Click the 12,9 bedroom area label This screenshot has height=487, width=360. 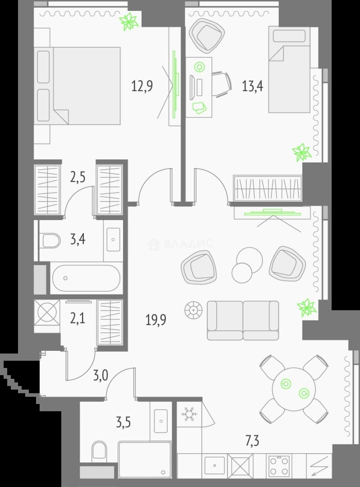pyautogui.click(x=142, y=86)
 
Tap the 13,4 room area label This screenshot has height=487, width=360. pyautogui.click(x=253, y=86)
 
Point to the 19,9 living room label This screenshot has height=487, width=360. pyautogui.click(x=156, y=320)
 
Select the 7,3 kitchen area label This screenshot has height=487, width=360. pyautogui.click(x=252, y=441)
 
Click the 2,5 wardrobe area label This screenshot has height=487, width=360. pyautogui.click(x=78, y=177)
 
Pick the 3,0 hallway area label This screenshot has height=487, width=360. pyautogui.click(x=101, y=376)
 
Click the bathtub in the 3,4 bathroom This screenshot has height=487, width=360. pyautogui.click(x=86, y=278)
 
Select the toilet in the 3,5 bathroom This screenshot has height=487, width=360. pyautogui.click(x=99, y=451)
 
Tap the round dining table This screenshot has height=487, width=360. pyautogui.click(x=294, y=389)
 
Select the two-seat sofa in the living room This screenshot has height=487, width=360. pyautogui.click(x=243, y=320)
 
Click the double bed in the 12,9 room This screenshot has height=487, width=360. pyautogui.click(x=77, y=86)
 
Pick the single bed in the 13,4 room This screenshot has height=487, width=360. pyautogui.click(x=289, y=70)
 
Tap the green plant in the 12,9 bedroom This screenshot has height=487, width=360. pyautogui.click(x=129, y=22)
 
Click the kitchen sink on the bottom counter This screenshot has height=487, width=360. pyautogui.click(x=215, y=465)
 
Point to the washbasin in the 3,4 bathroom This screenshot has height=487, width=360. pyautogui.click(x=113, y=239)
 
